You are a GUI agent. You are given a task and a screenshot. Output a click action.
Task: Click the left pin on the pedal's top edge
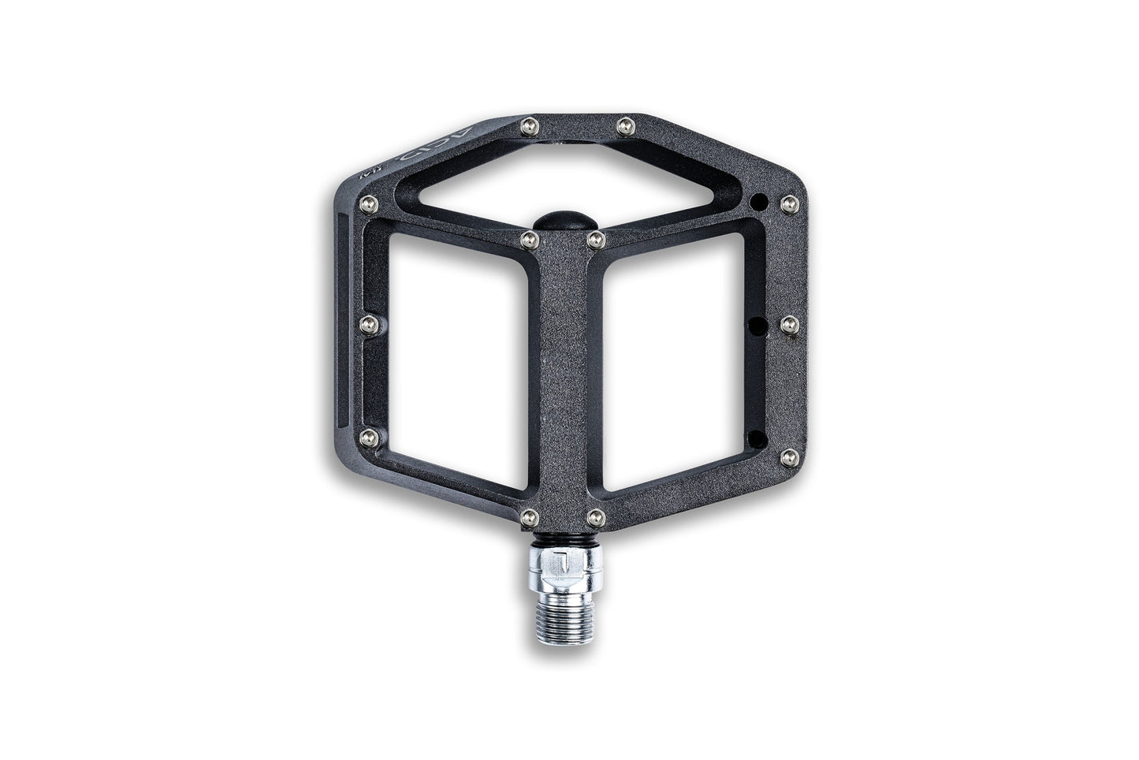pos(530,124)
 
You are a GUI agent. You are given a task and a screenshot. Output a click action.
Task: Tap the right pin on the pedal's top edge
pos(625,124)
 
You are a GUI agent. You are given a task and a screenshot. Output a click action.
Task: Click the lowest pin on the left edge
pos(365,437)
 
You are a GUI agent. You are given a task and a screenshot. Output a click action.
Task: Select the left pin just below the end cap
pos(527,236)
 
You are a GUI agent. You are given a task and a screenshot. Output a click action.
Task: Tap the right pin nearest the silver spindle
pos(596,516)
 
